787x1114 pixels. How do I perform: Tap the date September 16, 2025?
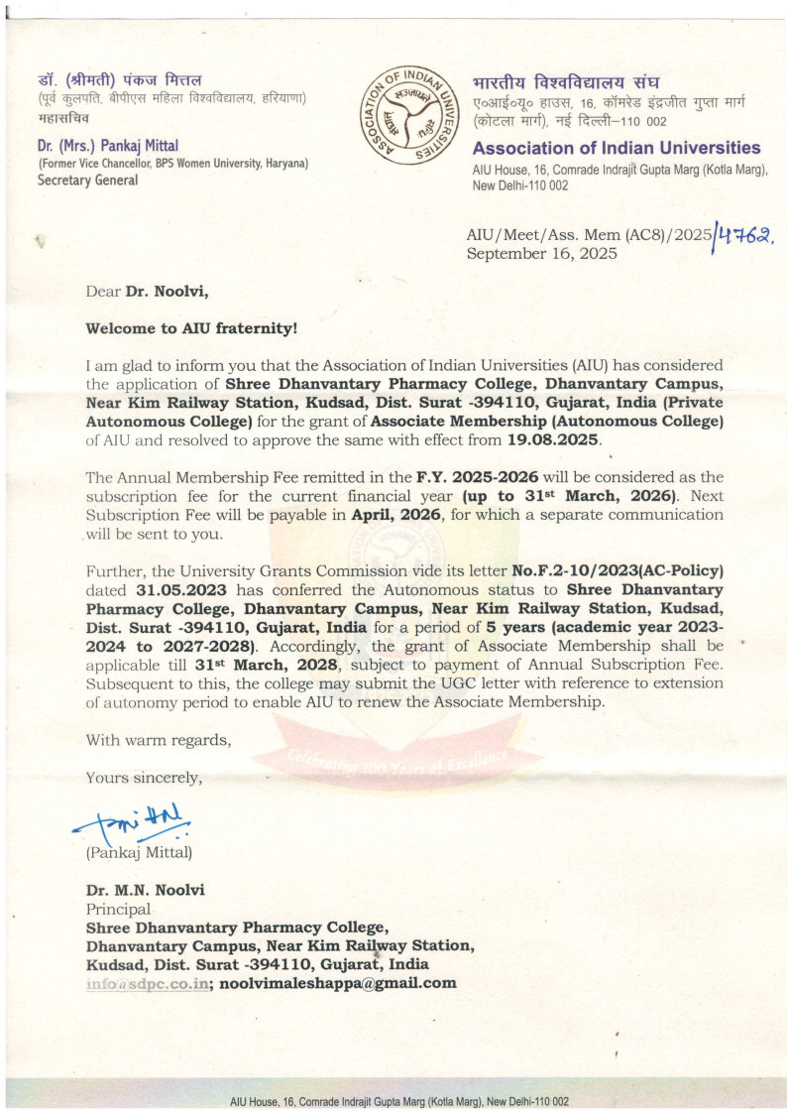coord(541,253)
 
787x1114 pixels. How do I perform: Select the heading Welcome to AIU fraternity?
coord(191,327)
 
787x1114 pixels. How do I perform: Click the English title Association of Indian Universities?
coord(617,149)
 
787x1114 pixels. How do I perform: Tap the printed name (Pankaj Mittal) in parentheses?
coord(139,852)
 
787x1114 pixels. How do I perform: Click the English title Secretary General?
coord(87,181)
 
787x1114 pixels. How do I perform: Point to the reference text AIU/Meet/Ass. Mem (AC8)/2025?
coord(589,235)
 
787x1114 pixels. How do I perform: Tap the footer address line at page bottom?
coord(398,1101)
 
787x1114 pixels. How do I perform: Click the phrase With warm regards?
coord(158,739)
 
